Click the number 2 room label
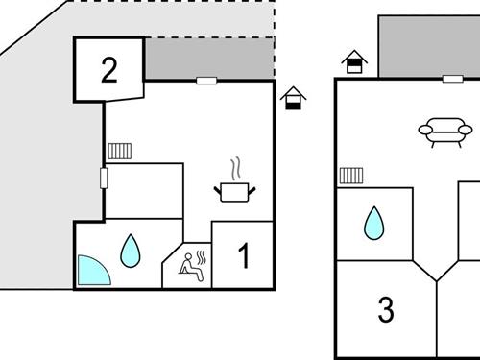(x=109, y=69)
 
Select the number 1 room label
(x=244, y=256)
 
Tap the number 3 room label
(x=386, y=310)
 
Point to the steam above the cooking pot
(x=235, y=167)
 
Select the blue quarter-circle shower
(x=93, y=271)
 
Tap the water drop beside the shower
(x=131, y=252)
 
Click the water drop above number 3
(x=373, y=225)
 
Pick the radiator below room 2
(x=119, y=151)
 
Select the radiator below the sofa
(x=350, y=176)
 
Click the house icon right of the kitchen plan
(x=293, y=97)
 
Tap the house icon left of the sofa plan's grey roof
(x=354, y=61)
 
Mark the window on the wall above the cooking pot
(x=206, y=81)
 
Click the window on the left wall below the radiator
(x=103, y=178)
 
